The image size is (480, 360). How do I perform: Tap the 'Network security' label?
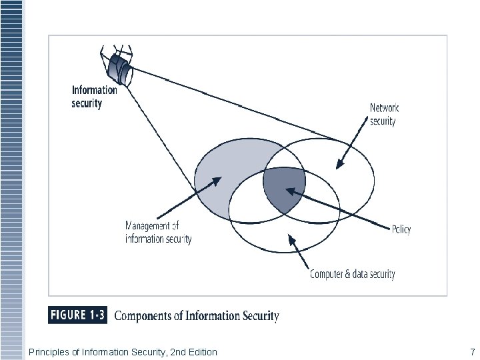pos(384,114)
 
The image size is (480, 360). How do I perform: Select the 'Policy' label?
pos(401,229)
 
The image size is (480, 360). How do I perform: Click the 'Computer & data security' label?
pos(353,274)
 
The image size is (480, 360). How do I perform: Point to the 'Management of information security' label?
pos(159,233)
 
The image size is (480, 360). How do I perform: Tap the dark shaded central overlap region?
pos(283,189)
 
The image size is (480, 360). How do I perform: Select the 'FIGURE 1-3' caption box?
pos(78,315)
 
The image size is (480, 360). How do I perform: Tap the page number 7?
pos(472,351)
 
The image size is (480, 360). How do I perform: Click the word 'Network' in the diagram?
pos(385,108)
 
